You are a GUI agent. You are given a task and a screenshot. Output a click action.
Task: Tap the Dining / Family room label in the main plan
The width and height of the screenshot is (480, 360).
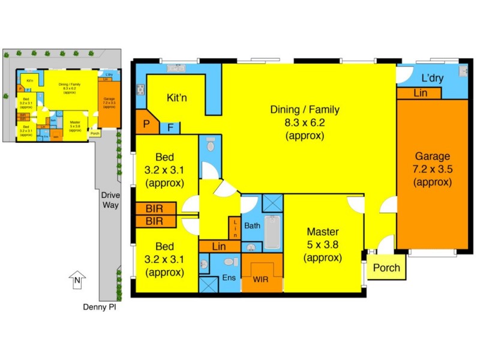[305, 122]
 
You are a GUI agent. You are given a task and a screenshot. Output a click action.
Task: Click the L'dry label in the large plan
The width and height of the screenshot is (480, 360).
[432, 78]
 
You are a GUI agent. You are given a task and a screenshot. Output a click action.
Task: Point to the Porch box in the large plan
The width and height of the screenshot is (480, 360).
[386, 268]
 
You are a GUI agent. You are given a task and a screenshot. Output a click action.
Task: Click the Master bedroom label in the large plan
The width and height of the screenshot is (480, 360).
[323, 245]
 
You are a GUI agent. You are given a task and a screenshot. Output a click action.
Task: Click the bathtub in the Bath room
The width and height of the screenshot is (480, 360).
[272, 232]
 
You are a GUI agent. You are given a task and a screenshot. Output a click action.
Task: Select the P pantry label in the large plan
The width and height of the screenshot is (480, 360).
[146, 126]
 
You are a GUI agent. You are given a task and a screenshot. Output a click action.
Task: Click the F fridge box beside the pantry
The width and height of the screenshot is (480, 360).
[170, 127]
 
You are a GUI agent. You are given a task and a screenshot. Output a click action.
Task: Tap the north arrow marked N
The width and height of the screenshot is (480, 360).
[77, 280]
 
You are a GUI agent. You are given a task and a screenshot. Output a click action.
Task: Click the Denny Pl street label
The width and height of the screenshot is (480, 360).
[99, 307]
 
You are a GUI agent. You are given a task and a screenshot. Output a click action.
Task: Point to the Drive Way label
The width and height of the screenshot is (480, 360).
[110, 200]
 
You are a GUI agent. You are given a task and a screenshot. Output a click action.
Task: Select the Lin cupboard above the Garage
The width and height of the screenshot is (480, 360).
[419, 93]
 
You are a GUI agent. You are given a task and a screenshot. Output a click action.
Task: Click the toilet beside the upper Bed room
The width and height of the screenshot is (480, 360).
[210, 146]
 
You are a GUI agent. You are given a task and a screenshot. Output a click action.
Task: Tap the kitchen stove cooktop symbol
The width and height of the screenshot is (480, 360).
[141, 91]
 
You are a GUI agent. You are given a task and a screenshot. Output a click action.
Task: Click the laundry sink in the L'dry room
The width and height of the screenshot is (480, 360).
[463, 72]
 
